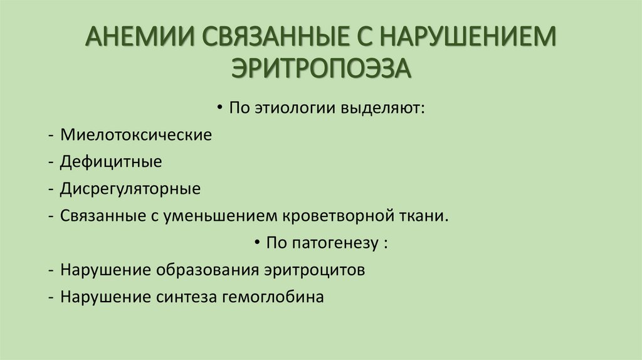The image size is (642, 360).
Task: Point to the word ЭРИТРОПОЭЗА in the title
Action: pos(321,66)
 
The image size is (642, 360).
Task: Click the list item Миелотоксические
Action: pos(136,135)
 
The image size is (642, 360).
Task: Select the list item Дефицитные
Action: pos(111,162)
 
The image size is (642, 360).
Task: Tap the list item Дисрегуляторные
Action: pos(130,189)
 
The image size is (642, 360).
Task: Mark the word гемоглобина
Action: pos(273,297)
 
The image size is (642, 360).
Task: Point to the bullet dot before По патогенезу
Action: pos(258,243)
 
